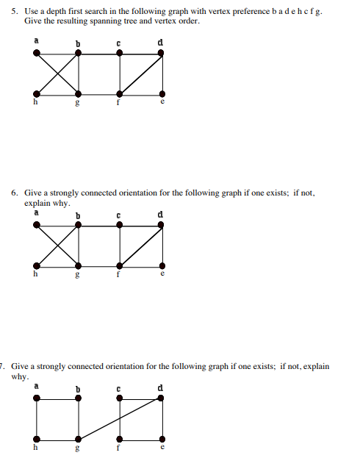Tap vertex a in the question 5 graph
pyautogui.click(x=36, y=52)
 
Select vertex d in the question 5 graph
pyautogui.click(x=162, y=53)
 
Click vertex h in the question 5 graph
pyautogui.click(x=36, y=94)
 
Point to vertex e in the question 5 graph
pyautogui.click(x=162, y=94)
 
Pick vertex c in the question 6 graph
pyautogui.click(x=120, y=225)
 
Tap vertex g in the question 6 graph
pyautogui.click(x=79, y=266)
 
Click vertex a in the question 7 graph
pyautogui.click(x=36, y=398)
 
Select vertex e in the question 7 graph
pyautogui.click(x=162, y=439)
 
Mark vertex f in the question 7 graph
pyautogui.click(x=120, y=439)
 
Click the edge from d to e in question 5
pyautogui.click(x=162, y=74)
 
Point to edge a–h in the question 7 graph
pyautogui.click(x=36, y=418)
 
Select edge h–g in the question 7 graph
pyautogui.click(x=57, y=439)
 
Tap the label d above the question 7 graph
pyautogui.click(x=160, y=387)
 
